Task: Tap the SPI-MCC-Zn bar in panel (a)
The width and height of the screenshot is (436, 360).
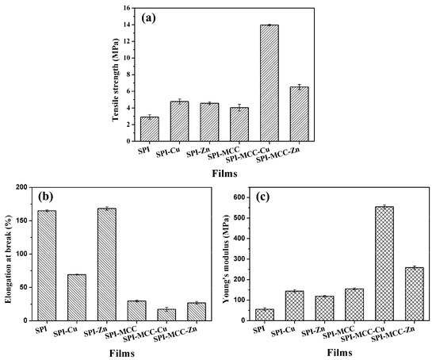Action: tap(299, 113)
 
